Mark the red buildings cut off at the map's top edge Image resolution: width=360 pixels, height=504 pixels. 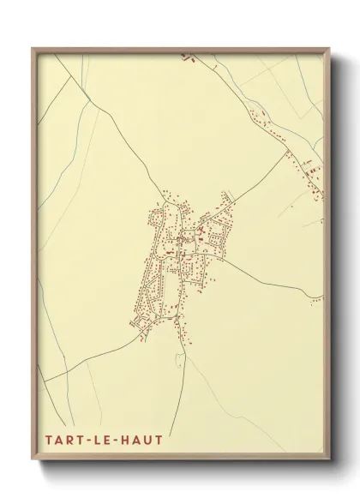(188, 57)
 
